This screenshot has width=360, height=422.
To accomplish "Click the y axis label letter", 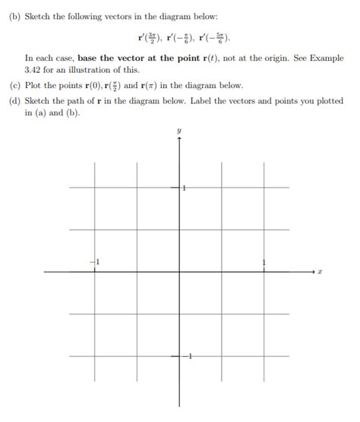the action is [x=179, y=131].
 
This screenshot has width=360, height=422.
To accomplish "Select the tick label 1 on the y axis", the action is [x=184, y=187].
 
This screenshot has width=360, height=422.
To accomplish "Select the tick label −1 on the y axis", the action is [x=188, y=356].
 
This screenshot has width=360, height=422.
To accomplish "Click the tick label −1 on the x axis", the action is [x=96, y=263].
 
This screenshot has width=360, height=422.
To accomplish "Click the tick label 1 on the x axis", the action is [x=264, y=263].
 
